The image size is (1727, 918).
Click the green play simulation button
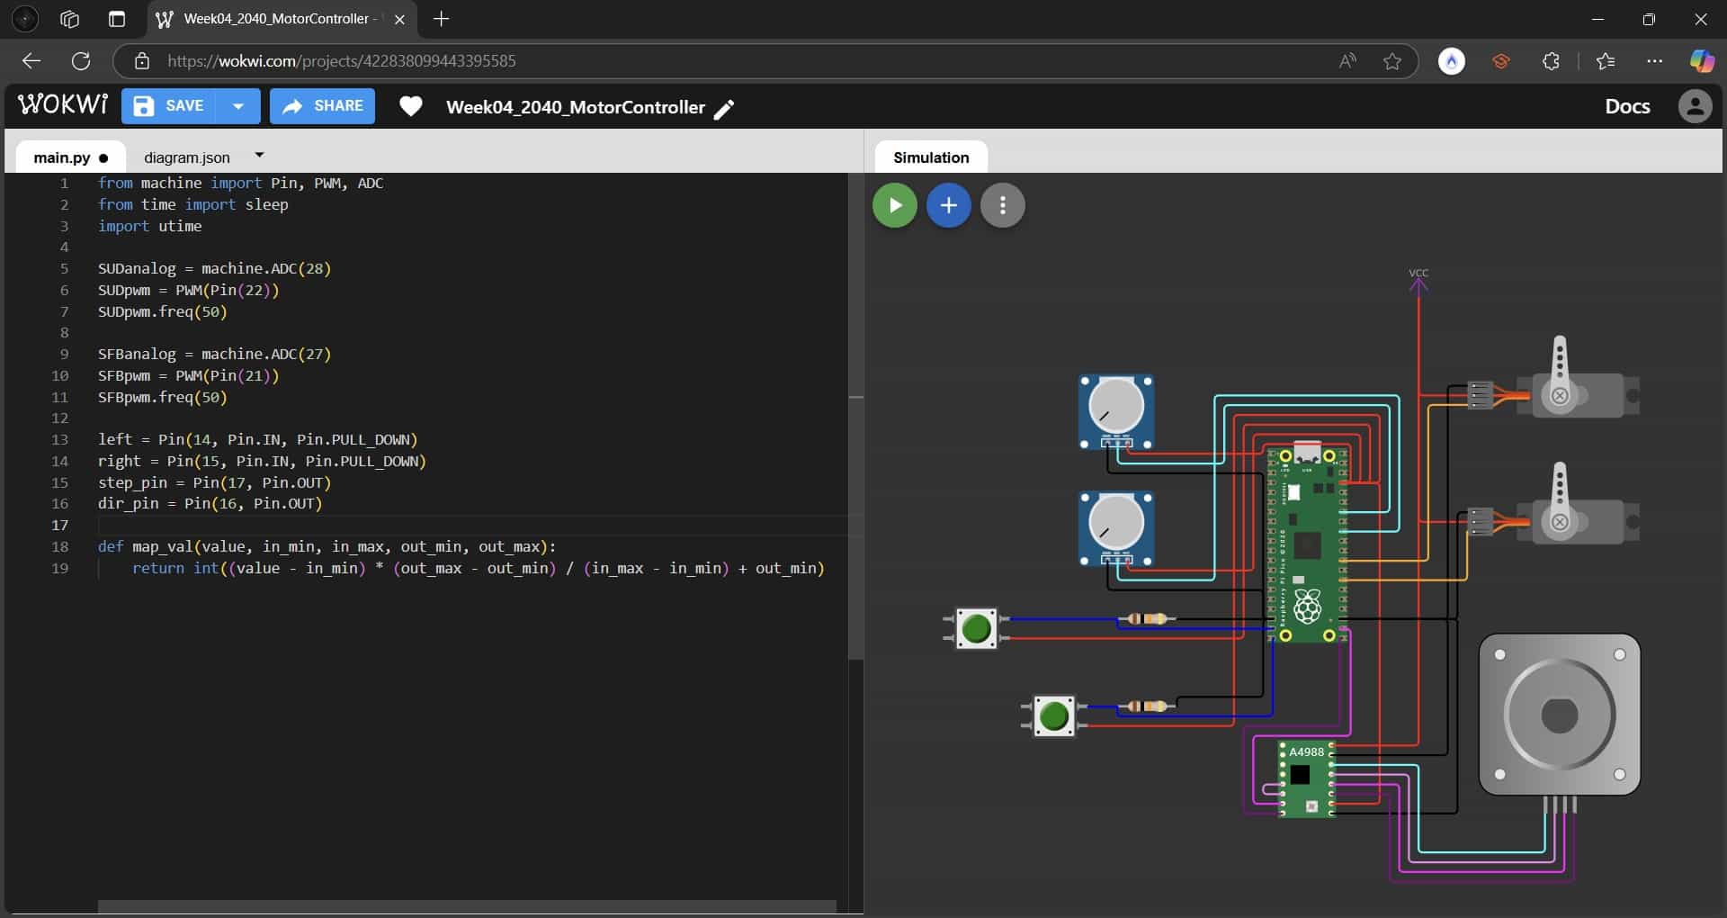click(x=894, y=205)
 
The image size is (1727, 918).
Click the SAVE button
click(x=169, y=106)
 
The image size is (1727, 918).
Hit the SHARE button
click(x=322, y=106)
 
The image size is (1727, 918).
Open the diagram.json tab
click(x=187, y=157)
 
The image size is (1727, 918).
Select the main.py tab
click(x=62, y=157)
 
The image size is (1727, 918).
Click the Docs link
click(x=1627, y=106)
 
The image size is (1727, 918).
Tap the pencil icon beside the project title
click(x=724, y=109)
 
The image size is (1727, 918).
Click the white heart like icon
click(x=411, y=107)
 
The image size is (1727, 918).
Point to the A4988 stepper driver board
click(x=1306, y=778)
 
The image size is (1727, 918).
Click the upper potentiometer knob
click(x=1116, y=405)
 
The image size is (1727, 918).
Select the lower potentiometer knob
click(x=1116, y=521)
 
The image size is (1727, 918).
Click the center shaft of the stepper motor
click(x=1559, y=716)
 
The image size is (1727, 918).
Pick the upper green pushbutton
click(x=976, y=628)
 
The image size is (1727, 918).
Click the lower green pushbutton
click(x=1053, y=716)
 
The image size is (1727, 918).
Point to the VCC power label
click(x=1418, y=273)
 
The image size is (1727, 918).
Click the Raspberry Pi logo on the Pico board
click(x=1307, y=607)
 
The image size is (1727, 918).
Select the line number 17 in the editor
click(x=59, y=525)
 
